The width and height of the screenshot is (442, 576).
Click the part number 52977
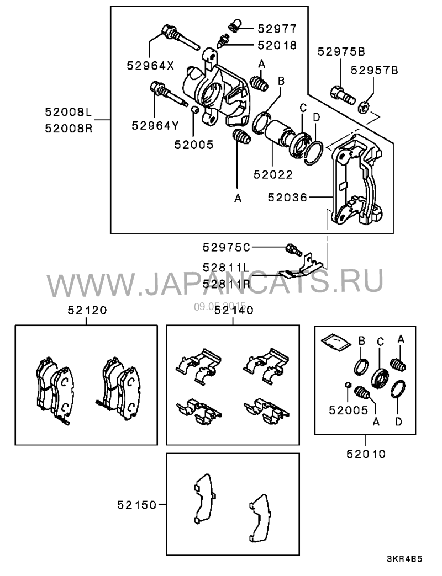click(273, 28)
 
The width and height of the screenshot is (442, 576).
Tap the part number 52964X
click(150, 65)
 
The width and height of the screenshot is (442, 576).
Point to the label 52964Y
click(155, 125)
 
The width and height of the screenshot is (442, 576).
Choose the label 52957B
click(374, 71)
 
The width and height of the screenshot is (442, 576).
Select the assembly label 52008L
click(68, 111)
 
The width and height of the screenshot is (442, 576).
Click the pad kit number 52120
click(87, 311)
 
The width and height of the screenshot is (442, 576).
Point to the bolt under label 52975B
click(342, 94)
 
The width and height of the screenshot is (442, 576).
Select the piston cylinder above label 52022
click(275, 136)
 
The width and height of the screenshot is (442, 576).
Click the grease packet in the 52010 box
click(335, 342)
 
